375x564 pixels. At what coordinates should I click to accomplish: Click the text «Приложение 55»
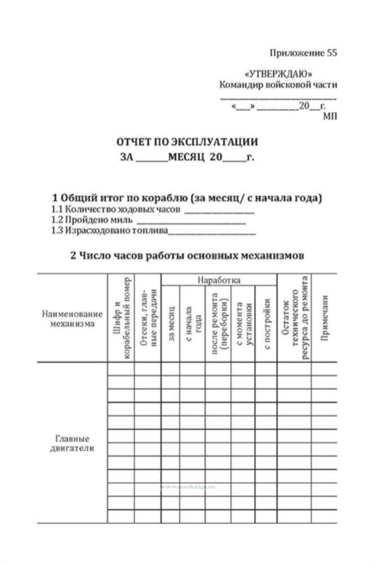[x=303, y=53]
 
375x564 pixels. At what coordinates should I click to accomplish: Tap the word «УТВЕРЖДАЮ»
[x=279, y=74]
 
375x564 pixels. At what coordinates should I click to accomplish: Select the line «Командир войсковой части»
[x=278, y=85]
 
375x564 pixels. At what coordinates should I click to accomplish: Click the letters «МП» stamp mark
[x=330, y=116]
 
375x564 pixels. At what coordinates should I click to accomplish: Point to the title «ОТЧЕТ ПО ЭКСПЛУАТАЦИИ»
[x=187, y=142]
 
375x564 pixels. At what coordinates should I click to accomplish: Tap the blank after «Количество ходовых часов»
[x=219, y=211]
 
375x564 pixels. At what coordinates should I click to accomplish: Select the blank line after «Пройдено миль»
[x=191, y=222]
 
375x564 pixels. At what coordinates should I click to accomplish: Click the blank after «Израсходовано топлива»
[x=212, y=233]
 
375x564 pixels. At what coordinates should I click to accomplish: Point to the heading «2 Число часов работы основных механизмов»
[x=187, y=256]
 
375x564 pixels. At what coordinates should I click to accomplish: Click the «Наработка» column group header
[x=219, y=280]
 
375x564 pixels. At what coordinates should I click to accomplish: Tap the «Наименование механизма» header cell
[x=72, y=319]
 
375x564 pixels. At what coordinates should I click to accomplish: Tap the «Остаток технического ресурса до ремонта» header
[x=295, y=318]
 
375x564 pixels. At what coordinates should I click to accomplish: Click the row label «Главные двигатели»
[x=72, y=443]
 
